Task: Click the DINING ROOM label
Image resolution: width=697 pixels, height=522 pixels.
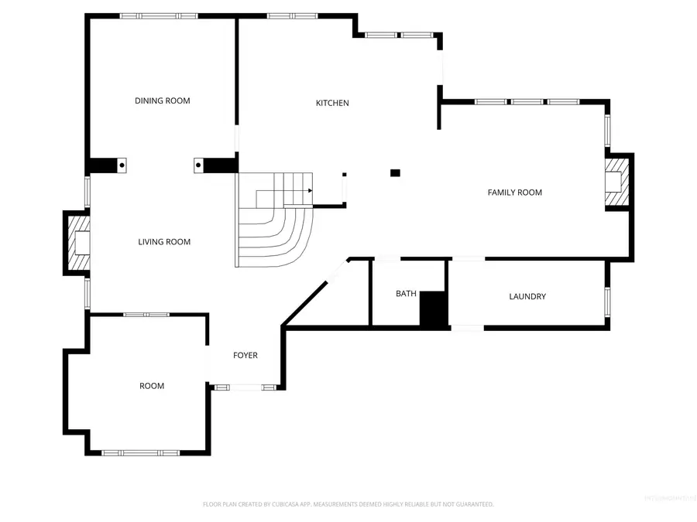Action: tap(162, 101)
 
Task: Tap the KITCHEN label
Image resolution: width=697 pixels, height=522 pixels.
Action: tap(332, 103)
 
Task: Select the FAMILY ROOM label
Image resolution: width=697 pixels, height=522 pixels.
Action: tap(514, 192)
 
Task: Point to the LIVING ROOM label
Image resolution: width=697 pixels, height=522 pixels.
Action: tap(164, 242)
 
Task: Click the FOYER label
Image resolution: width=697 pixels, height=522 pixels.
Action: tap(245, 355)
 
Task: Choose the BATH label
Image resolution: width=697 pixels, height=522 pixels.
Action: tap(406, 293)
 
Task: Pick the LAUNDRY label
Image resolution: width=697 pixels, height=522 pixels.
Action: tap(527, 296)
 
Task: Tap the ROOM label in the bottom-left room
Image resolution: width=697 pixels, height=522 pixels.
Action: tap(152, 386)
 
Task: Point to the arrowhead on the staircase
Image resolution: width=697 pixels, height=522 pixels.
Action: tap(311, 189)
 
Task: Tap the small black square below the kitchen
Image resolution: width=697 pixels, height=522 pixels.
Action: tap(395, 172)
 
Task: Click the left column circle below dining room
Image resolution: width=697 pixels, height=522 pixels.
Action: tap(122, 164)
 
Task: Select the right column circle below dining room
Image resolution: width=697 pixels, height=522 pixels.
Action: tap(198, 165)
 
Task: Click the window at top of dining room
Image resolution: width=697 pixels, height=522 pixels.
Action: tap(159, 15)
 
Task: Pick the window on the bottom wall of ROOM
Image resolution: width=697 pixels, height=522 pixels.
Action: tap(140, 452)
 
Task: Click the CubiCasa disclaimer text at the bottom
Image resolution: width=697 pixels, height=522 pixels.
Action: tap(348, 504)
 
